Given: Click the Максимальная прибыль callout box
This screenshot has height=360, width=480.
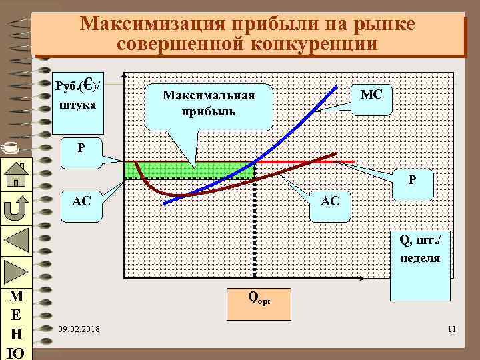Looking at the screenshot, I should point(209,103).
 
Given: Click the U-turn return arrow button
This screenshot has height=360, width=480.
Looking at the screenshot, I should point(15,208).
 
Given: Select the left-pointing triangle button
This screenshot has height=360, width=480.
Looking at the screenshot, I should point(15,240).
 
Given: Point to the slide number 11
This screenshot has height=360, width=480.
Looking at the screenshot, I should point(451,329).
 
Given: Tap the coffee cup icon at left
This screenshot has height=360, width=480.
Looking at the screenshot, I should point(8,143).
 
